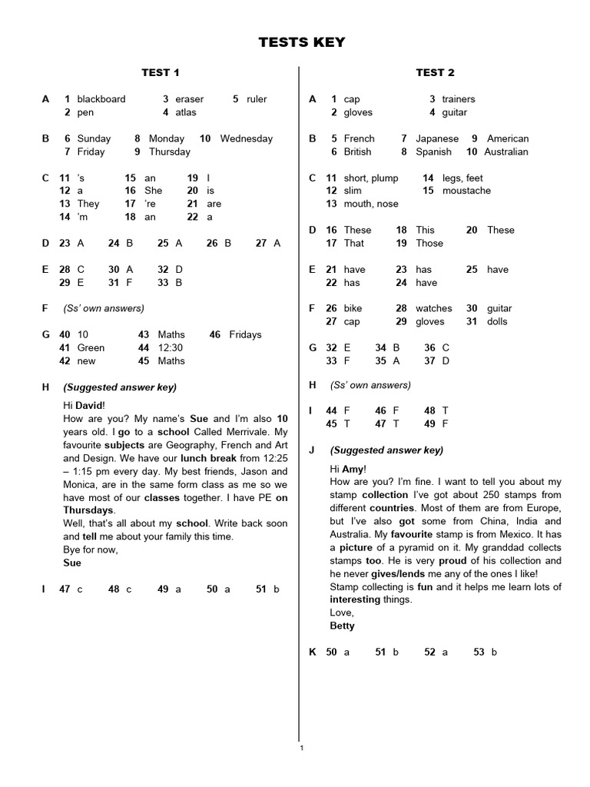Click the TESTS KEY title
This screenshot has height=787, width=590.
(x=301, y=42)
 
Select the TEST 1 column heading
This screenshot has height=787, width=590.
(x=161, y=72)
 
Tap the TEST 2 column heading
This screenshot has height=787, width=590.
(x=435, y=72)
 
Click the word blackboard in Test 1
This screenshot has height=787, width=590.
(x=101, y=99)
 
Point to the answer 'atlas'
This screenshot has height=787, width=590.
(x=185, y=112)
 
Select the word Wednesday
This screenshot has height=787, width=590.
(x=246, y=139)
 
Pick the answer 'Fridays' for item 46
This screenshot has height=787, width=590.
(x=245, y=335)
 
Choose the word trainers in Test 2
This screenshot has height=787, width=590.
(x=459, y=99)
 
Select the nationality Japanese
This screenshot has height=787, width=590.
(x=436, y=139)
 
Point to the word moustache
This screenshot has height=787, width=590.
(x=466, y=191)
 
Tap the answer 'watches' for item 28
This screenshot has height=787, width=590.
(x=434, y=309)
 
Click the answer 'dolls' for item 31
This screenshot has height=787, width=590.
(x=497, y=322)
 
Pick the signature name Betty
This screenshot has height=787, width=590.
(x=342, y=626)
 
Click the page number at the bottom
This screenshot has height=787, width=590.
(x=302, y=748)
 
